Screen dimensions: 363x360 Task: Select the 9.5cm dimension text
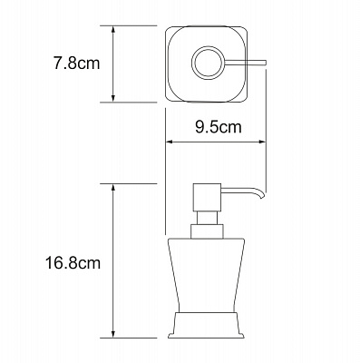point(217,127)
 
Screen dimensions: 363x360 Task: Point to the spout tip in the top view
point(261,63)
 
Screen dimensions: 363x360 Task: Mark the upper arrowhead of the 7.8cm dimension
point(112,30)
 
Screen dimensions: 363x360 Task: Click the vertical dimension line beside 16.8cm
point(112,263)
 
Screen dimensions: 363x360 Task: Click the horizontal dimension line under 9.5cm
point(215,142)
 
